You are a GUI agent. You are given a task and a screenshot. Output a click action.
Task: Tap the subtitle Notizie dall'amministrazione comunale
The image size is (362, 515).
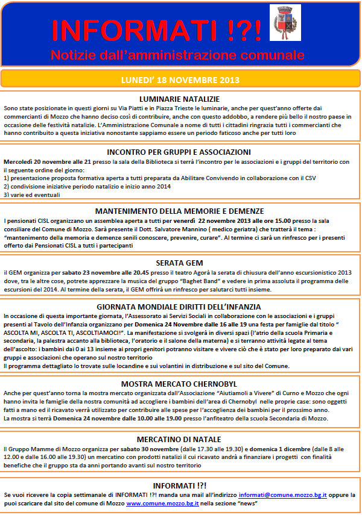coord(180,55)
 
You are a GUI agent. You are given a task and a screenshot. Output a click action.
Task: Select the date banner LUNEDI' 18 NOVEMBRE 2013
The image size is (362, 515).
coord(180,79)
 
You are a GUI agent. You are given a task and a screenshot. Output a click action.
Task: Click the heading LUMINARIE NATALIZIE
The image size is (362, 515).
coord(179,99)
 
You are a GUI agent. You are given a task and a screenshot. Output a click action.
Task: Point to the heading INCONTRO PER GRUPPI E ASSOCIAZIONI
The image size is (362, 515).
coord(179,152)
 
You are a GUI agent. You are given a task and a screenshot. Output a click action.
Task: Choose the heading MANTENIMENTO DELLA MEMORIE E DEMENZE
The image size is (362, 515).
coord(179,211)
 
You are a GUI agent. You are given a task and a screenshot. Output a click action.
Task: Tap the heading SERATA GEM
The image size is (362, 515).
coord(179,263)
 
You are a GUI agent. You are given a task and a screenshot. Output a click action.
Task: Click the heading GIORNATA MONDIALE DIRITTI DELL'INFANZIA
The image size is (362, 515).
coord(179,307)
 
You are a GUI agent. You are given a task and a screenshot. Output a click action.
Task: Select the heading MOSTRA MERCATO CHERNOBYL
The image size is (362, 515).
coord(179,383)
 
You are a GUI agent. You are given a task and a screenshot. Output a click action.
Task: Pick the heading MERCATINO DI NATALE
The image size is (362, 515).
coord(179,439)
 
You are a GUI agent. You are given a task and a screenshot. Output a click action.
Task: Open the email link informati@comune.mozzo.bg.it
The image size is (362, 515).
coord(282,495)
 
